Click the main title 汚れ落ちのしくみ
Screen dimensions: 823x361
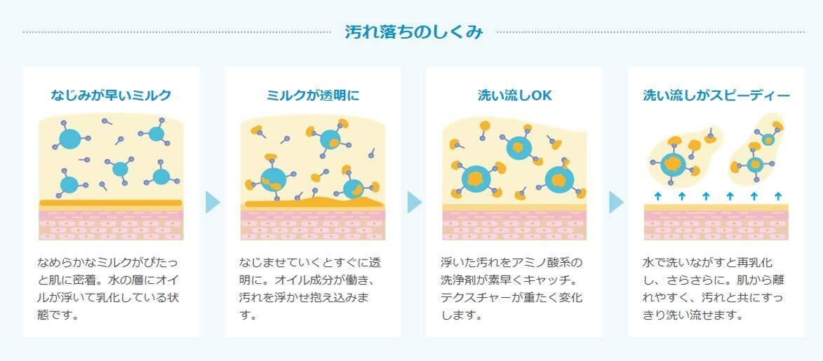click(414, 32)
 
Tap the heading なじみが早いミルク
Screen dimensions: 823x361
click(111, 95)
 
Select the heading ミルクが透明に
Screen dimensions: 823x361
click(313, 95)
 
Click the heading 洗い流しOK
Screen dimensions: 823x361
click(514, 95)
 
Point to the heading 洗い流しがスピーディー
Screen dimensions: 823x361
click(716, 95)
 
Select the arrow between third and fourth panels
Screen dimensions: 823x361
click(615, 203)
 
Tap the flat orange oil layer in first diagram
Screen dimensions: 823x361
click(111, 203)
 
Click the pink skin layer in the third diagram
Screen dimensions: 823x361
click(514, 224)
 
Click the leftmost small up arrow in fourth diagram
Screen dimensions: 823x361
click(657, 196)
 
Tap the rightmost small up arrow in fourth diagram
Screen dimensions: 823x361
click(777, 196)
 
